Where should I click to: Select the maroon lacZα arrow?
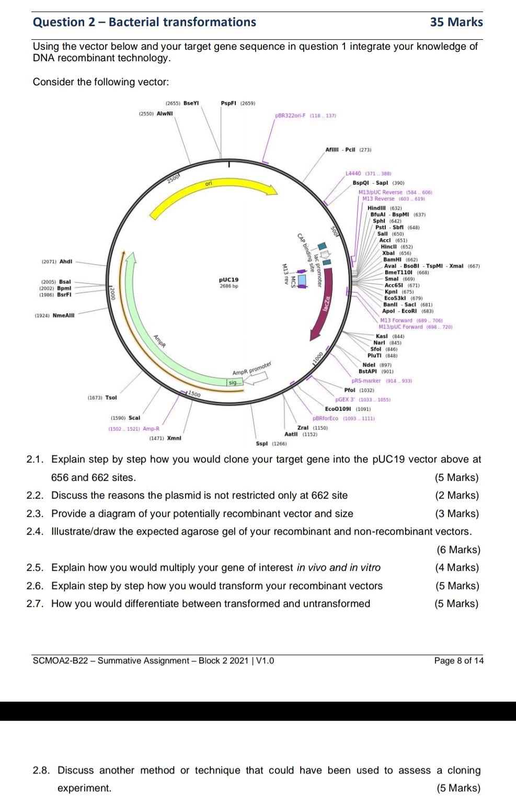(323, 309)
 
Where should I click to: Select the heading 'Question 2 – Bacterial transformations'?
(144, 22)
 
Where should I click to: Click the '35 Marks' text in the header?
(456, 22)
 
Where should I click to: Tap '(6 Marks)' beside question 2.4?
(458, 549)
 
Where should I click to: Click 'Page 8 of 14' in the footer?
(458, 661)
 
